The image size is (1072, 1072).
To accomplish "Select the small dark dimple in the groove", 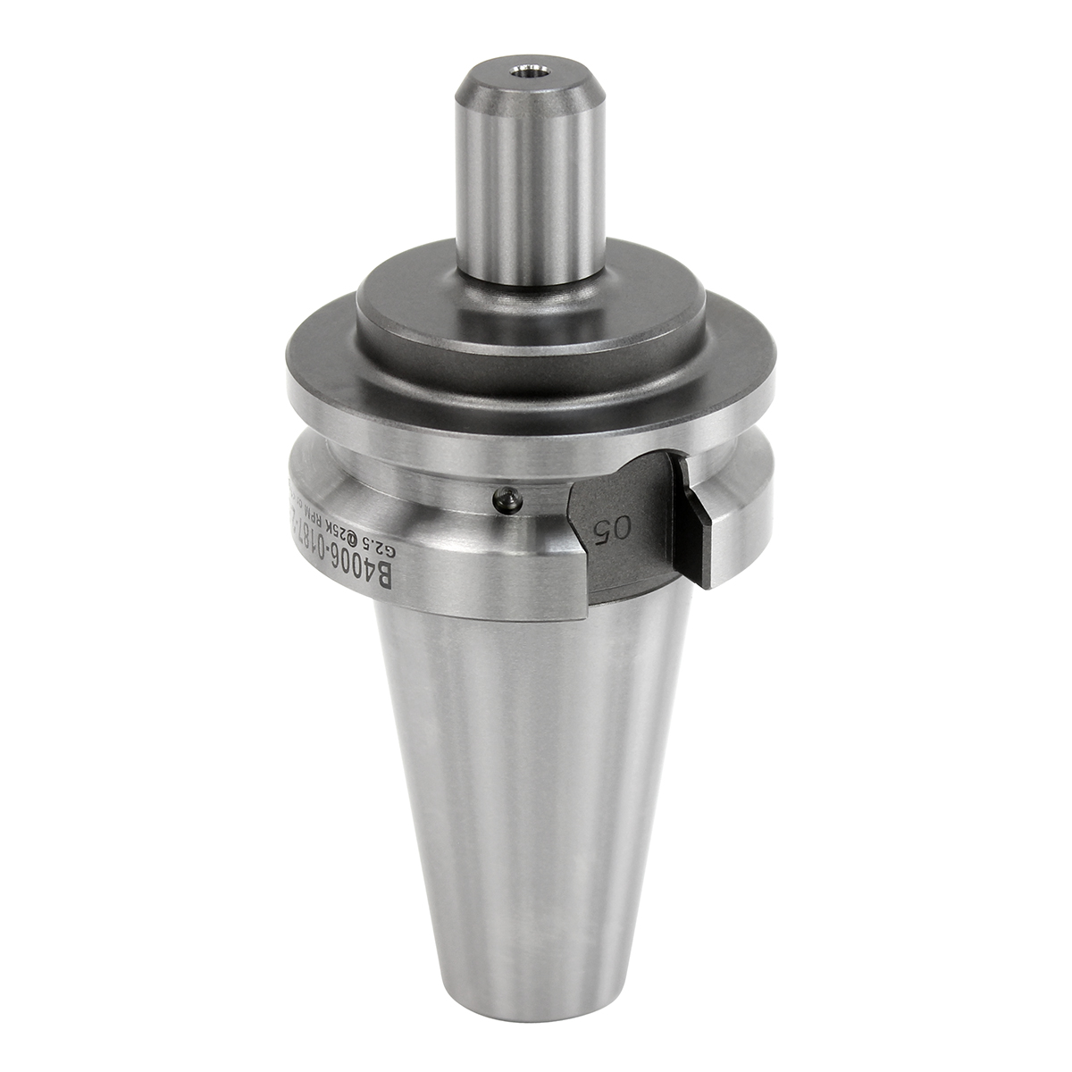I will point(507,499).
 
